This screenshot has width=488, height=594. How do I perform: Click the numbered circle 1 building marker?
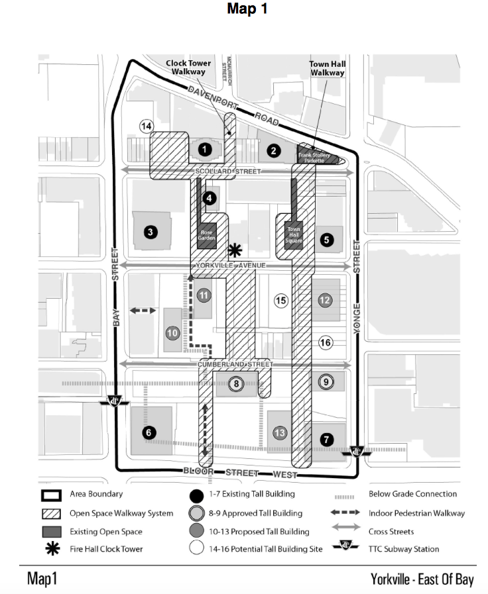tap(206, 150)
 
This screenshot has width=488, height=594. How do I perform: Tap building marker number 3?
tap(151, 232)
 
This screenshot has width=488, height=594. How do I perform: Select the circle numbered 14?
tap(147, 126)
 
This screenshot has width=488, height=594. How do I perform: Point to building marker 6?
tap(148, 433)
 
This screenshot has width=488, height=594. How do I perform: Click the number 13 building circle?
tap(280, 433)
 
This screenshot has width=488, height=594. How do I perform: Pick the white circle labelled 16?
tap(325, 342)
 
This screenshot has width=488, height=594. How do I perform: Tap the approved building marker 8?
tap(235, 383)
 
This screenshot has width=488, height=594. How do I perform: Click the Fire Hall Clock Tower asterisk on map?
tap(233, 250)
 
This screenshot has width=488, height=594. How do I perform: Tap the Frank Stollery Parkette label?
tap(314, 156)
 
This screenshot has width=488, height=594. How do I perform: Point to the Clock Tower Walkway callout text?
tap(188, 67)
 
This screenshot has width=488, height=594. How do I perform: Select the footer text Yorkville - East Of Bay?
tap(422, 579)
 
